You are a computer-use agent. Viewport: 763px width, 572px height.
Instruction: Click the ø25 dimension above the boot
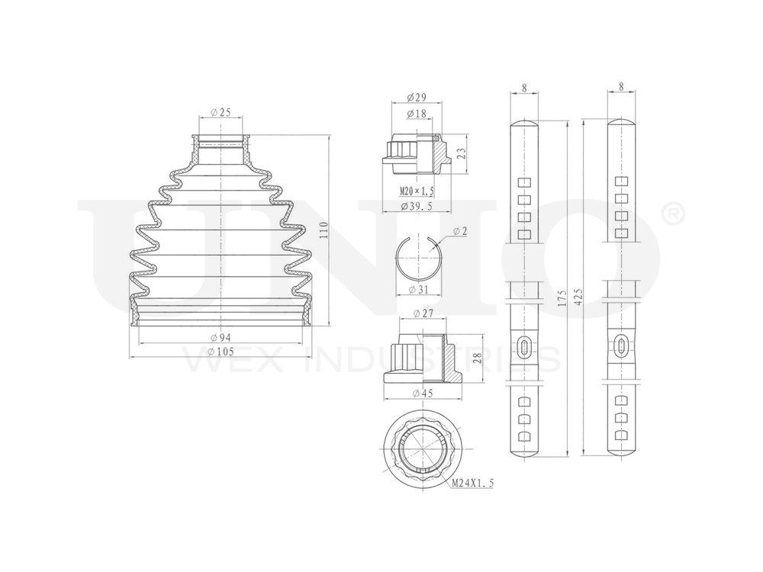click(221, 112)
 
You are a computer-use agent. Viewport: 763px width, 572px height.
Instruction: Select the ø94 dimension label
click(221, 338)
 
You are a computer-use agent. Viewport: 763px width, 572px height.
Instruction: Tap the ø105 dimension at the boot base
click(221, 351)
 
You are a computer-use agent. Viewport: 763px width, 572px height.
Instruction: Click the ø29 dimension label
click(416, 98)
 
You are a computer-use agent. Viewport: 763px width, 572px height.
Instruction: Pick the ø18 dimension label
click(416, 114)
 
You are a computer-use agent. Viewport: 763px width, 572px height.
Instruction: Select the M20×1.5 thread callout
click(416, 190)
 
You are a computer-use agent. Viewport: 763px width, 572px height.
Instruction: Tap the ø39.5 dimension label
click(416, 206)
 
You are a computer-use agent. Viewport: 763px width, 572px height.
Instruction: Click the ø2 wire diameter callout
click(459, 231)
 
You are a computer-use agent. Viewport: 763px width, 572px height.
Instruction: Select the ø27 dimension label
click(421, 313)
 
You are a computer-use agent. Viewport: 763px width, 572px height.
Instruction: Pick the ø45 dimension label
click(421, 393)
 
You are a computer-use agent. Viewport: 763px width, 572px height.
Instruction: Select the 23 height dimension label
click(460, 154)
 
